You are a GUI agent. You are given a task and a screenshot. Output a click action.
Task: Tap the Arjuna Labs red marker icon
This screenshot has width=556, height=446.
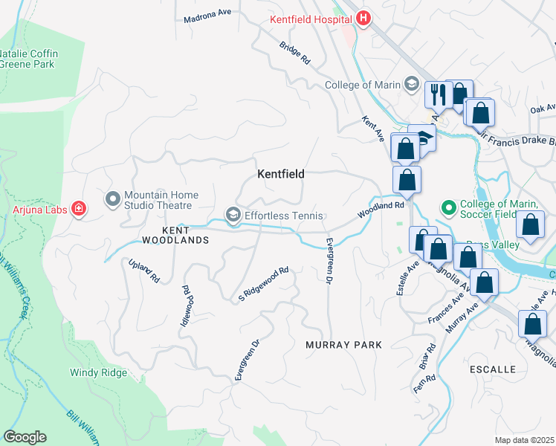click(x=78, y=210)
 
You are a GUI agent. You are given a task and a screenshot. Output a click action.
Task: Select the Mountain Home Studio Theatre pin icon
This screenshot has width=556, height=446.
click(x=113, y=199)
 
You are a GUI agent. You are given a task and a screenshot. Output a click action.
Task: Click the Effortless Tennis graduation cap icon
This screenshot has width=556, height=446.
click(x=233, y=216)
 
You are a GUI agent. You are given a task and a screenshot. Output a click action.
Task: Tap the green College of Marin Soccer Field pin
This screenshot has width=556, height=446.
click(x=448, y=205)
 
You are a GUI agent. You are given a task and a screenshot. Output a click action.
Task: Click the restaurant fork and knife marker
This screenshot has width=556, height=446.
click(x=438, y=94)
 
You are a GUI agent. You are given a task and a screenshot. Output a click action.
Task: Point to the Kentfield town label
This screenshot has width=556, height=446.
click(x=281, y=174)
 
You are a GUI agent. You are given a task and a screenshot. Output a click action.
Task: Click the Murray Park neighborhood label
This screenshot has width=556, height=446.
click(x=343, y=345)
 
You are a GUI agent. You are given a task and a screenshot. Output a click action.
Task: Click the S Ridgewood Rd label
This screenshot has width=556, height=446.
click(x=262, y=285)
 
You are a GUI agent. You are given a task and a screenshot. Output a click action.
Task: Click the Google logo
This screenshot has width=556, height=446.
click(x=25, y=437)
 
